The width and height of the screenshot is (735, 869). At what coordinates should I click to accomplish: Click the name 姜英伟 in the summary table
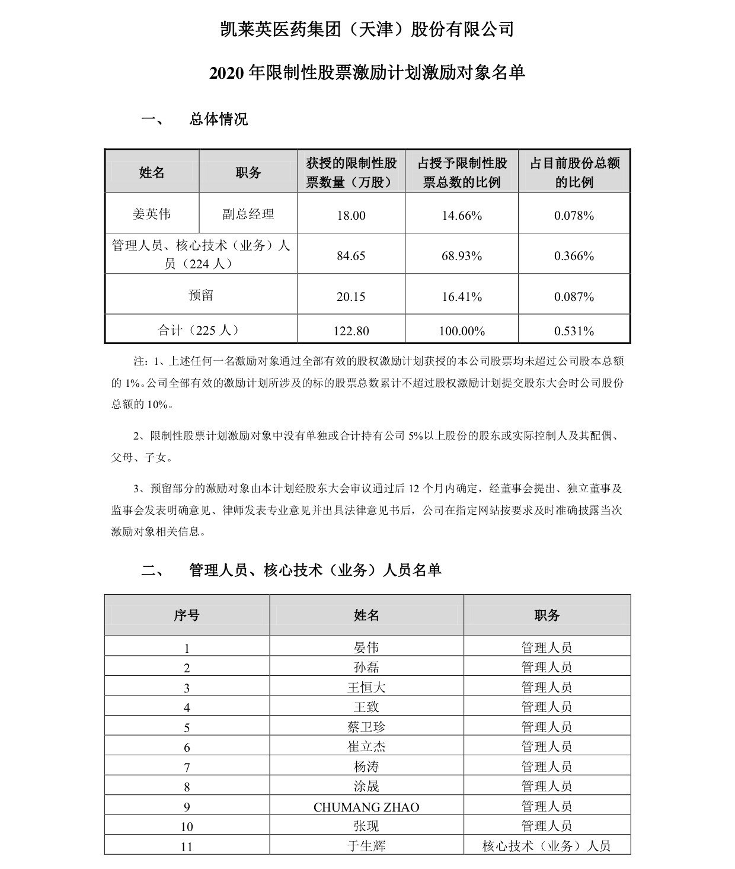152,214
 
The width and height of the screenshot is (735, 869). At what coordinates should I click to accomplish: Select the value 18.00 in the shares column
351,216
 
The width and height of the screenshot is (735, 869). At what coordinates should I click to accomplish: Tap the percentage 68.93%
462,256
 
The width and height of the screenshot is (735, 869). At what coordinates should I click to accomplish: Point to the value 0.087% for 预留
574,296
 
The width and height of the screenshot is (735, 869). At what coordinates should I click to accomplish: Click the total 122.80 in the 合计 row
351,331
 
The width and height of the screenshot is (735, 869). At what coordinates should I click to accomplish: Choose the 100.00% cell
462,331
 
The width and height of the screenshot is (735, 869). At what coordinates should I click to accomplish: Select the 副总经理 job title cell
248,214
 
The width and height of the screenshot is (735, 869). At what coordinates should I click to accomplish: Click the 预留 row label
201,295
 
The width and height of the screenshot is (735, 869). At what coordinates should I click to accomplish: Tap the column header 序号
187,615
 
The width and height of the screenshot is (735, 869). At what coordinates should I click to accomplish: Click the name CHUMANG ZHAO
366,807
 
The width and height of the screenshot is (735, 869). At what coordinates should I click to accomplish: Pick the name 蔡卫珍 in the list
366,727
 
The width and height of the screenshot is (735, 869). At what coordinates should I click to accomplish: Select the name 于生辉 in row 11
366,846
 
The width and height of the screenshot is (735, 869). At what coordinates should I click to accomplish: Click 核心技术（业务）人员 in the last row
547,846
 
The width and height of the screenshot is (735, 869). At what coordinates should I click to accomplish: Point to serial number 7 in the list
187,768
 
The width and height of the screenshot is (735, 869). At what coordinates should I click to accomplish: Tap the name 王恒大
366,687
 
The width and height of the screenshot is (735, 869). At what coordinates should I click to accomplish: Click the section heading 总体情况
218,119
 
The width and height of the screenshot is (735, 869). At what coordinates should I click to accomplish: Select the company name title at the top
367,29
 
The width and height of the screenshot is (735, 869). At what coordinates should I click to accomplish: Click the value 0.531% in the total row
574,331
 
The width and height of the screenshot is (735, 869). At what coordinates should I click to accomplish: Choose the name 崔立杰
366,747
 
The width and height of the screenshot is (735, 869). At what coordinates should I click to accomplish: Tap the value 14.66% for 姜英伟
462,216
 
